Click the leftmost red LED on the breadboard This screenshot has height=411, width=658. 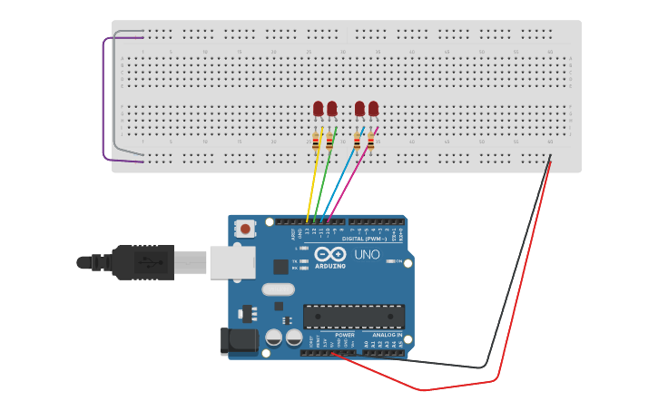[x=318, y=109]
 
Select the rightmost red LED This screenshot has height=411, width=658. [x=373, y=109]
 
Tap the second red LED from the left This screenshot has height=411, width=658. [x=331, y=109]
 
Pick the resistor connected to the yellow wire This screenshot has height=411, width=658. [x=316, y=141]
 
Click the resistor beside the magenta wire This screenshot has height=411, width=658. [x=370, y=141]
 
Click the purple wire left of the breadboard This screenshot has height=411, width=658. [x=105, y=100]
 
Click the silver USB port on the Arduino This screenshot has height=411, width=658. [x=231, y=263]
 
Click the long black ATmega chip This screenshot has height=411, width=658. [x=354, y=317]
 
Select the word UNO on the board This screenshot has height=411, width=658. [x=367, y=255]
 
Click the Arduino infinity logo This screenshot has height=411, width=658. [x=330, y=255]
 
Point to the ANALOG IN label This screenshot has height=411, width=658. [x=386, y=335]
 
